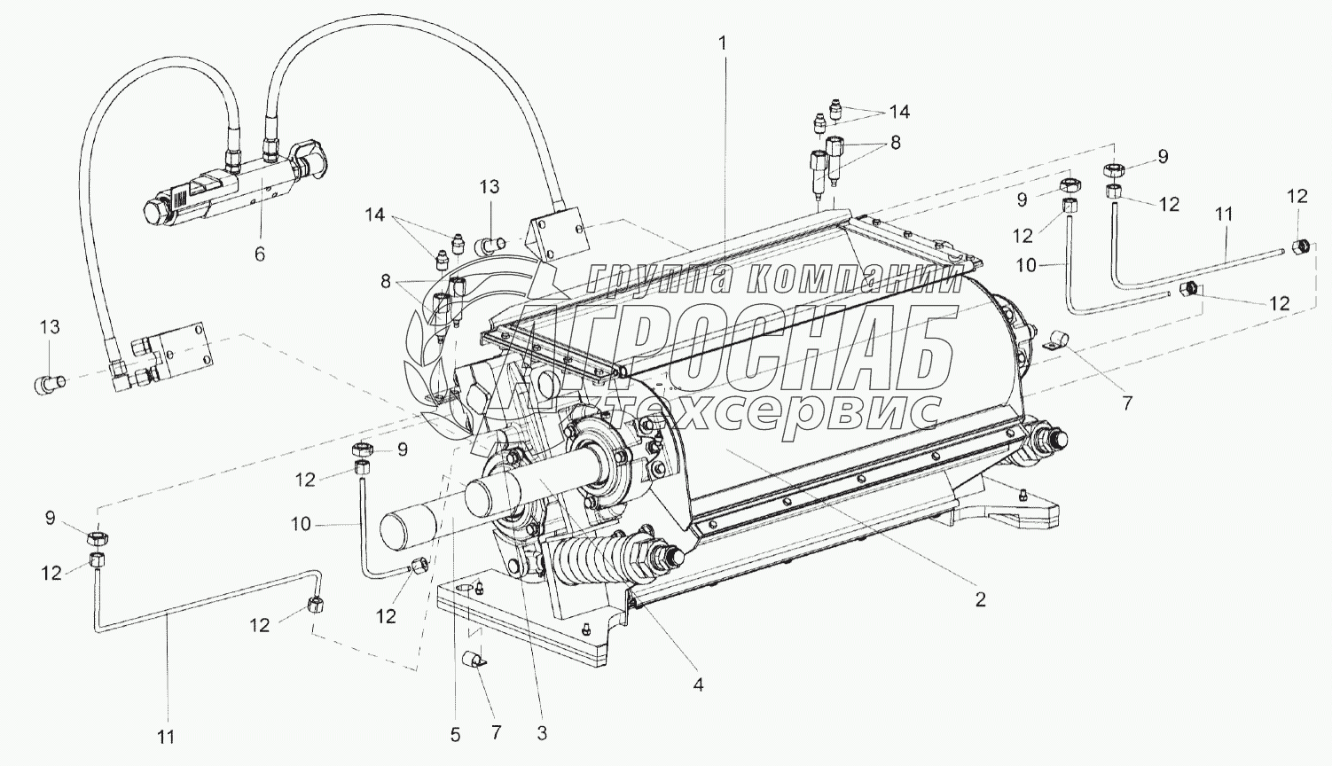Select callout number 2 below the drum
tap(980, 599)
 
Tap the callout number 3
tap(542, 733)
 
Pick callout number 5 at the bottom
tap(455, 734)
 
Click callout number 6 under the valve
tap(259, 254)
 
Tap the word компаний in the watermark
tap(851, 279)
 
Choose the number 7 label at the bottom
tap(497, 732)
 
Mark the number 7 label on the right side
tap(1126, 403)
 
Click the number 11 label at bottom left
tap(167, 735)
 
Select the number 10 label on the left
tap(301, 524)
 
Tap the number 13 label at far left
tap(50, 327)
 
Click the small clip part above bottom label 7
tap(475, 660)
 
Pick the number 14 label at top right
tap(900, 112)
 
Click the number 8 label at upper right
tap(894, 142)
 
